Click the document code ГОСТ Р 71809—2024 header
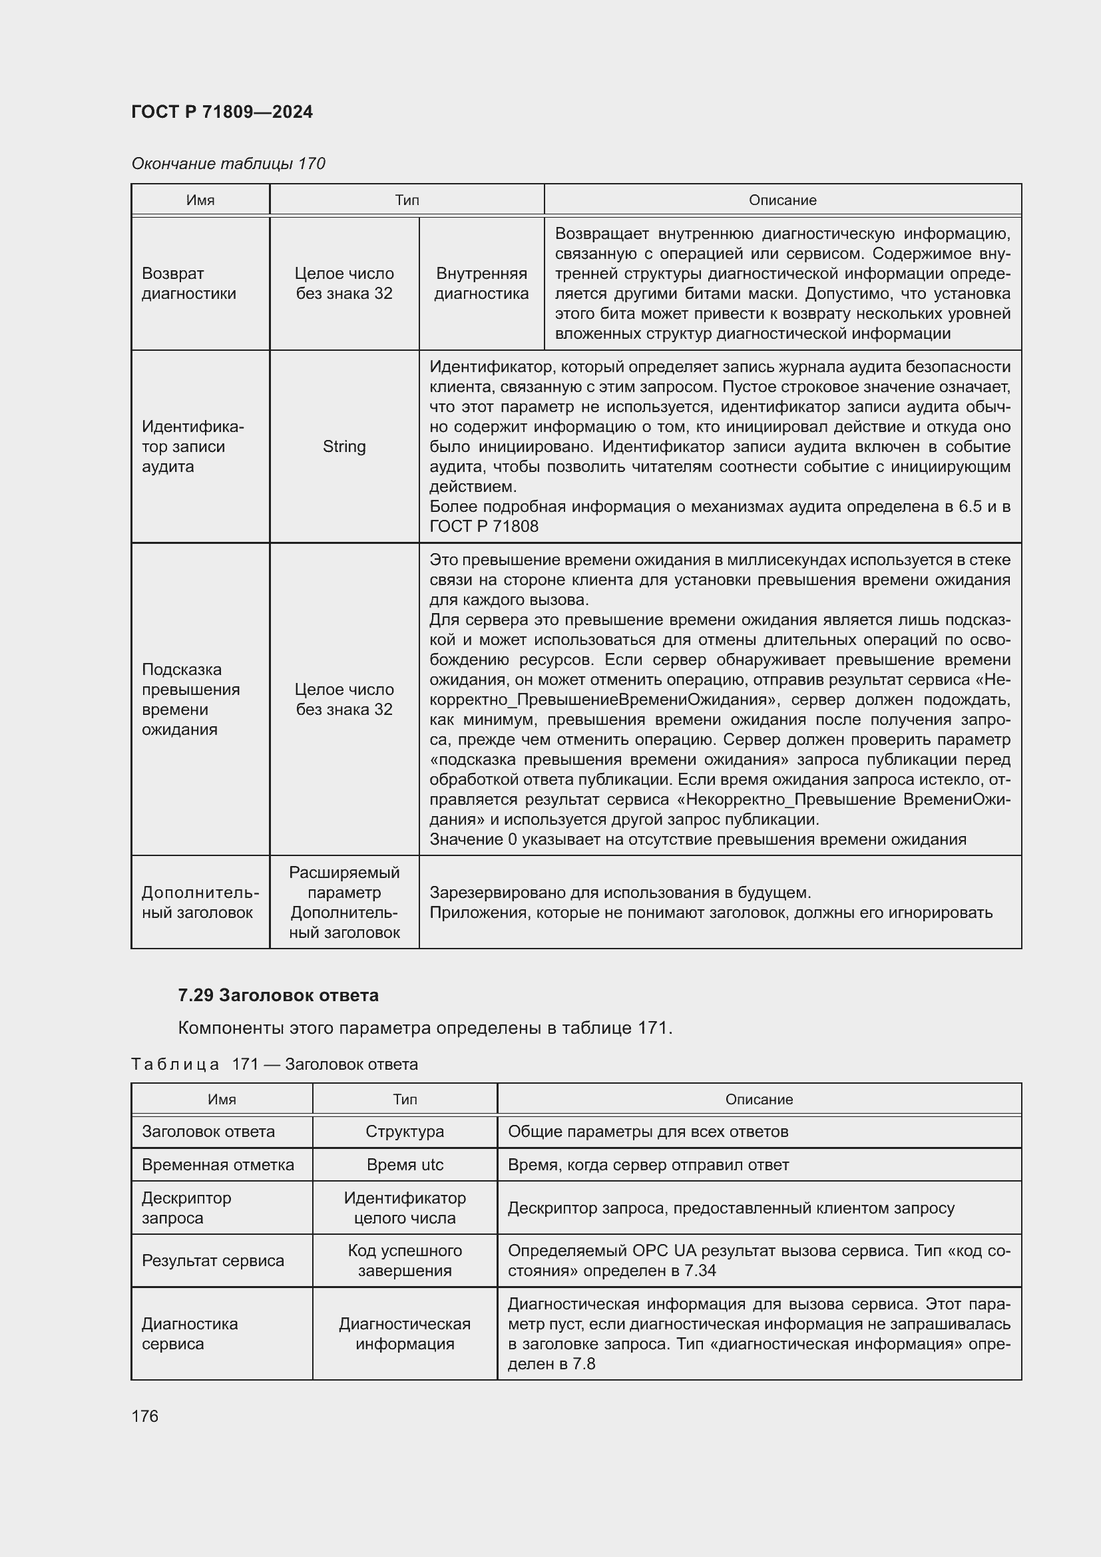click(x=222, y=112)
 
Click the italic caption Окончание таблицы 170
click(x=228, y=164)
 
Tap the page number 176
click(x=144, y=1416)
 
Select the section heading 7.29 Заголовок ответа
click(x=278, y=995)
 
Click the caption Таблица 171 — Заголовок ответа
click(x=274, y=1064)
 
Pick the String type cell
click(x=343, y=446)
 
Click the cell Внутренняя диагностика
click(x=481, y=284)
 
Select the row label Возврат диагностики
click(x=188, y=284)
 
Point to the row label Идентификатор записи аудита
click(x=192, y=446)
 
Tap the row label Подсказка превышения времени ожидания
click(x=190, y=699)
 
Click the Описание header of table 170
click(x=782, y=200)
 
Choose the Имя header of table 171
click(x=222, y=1099)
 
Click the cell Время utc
click(x=405, y=1164)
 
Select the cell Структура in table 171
click(x=405, y=1131)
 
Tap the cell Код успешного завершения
click(x=405, y=1260)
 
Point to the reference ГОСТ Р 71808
click(x=483, y=527)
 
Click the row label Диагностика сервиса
click(x=190, y=1333)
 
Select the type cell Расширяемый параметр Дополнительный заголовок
click(x=343, y=902)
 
